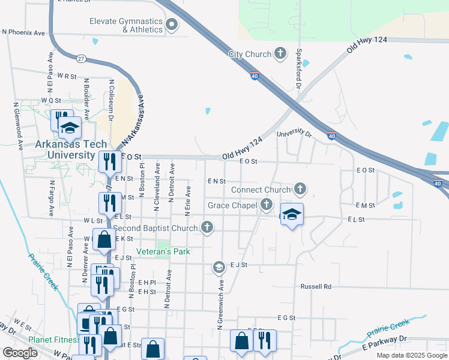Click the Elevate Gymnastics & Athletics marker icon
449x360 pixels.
(172, 25)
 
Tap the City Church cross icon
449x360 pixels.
(280, 54)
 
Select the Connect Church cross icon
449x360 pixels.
(300, 190)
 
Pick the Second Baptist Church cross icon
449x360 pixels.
(207, 227)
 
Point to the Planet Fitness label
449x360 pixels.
(54, 340)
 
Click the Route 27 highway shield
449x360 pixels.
(80, 58)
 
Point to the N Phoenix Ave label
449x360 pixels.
(24, 32)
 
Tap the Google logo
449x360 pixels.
(20, 353)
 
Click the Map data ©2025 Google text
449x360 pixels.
(411, 355)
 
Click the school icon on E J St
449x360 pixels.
(219, 266)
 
